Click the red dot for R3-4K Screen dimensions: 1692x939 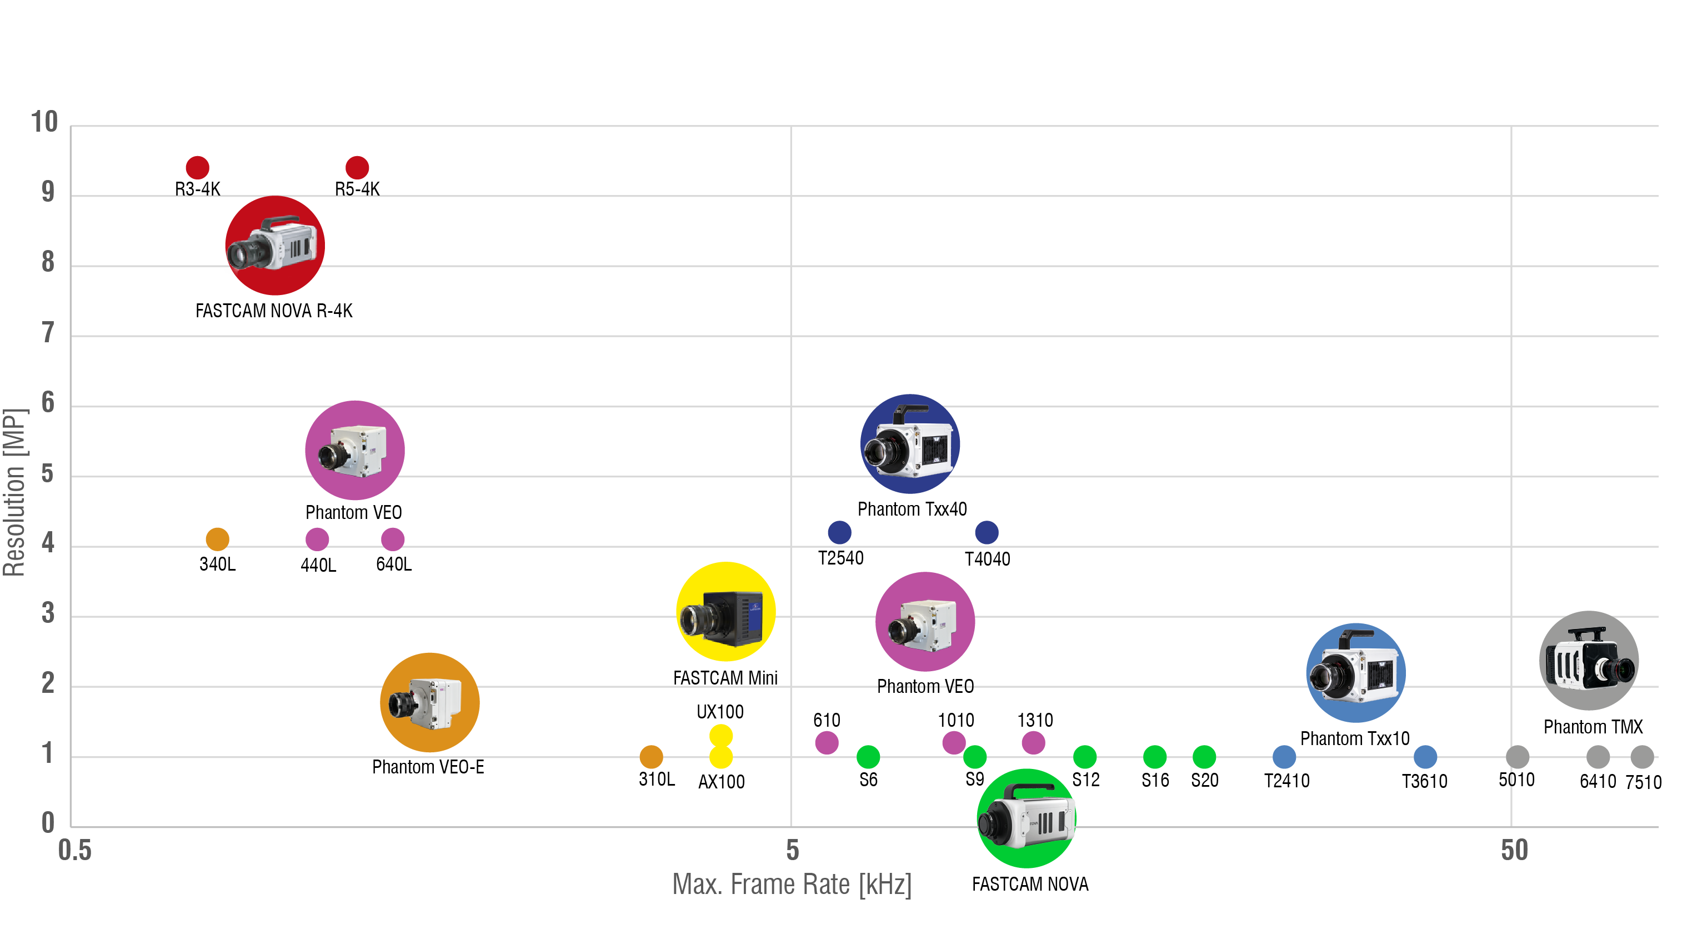(197, 168)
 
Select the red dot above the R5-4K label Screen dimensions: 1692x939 (357, 168)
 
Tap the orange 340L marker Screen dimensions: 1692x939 (217, 540)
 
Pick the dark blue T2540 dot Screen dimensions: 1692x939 (839, 532)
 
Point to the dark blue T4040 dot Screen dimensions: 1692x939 (987, 532)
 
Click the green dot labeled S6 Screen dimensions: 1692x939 (868, 757)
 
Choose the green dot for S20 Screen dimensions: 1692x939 (1204, 757)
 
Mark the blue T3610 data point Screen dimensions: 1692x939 (1425, 757)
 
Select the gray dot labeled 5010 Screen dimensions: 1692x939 (1517, 757)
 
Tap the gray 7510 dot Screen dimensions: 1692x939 (1642, 757)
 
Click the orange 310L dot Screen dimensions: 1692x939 (651, 757)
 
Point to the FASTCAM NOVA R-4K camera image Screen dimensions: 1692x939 (275, 246)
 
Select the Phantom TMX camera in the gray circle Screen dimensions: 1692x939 (1589, 661)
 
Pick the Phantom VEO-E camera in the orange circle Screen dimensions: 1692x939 (429, 702)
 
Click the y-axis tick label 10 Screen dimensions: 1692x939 (44, 122)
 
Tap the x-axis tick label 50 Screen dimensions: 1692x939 (1514, 850)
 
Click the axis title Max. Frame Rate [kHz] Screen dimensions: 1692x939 (792, 885)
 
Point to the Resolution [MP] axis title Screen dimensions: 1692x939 (14, 493)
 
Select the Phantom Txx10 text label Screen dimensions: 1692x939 (1354, 738)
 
